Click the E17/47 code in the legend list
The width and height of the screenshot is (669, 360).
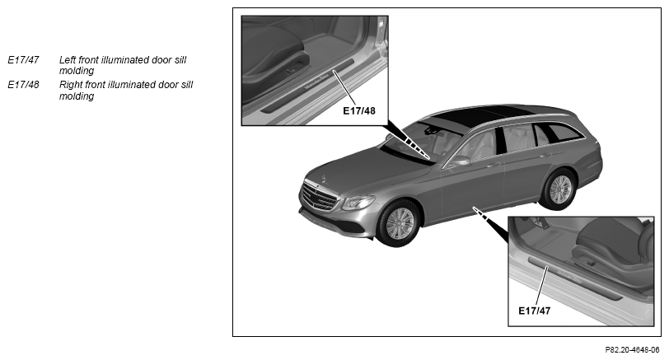23,59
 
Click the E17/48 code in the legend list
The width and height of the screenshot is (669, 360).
23,85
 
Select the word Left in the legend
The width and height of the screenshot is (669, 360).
67,59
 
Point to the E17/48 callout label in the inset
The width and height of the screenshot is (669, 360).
359,111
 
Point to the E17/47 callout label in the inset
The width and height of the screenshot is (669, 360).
534,311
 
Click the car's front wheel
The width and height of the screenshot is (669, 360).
399,222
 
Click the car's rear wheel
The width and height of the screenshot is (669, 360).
559,189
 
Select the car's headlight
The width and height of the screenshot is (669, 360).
358,202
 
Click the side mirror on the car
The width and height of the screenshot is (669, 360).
460,161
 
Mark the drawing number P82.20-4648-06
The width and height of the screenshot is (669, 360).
632,350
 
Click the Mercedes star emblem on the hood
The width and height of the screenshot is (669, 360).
324,178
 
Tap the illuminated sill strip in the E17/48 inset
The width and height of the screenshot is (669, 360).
306,86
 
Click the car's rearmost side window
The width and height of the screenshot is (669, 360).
564,133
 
